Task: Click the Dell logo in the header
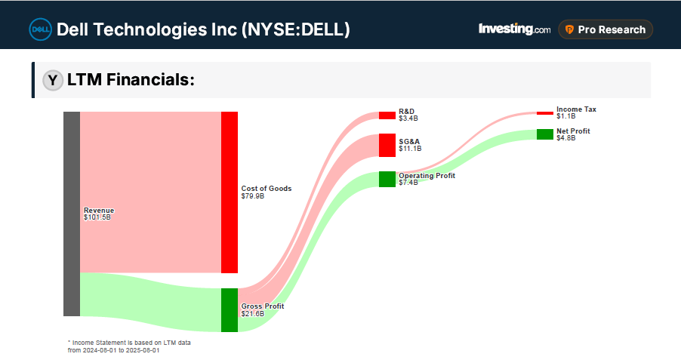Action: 40,29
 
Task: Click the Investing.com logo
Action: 514,29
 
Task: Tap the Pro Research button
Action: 606,29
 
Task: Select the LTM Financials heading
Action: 131,80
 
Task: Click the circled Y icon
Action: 52,81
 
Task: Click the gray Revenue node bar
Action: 72,214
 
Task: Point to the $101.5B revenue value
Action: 97,217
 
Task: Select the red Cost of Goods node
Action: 230,192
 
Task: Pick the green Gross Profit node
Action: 230,309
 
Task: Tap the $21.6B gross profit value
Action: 252,313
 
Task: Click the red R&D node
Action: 387,115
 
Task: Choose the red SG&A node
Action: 387,145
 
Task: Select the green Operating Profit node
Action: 387,179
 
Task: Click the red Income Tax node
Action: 544,112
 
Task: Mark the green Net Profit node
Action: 544,134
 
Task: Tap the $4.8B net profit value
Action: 566,138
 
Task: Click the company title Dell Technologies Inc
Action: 203,29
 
